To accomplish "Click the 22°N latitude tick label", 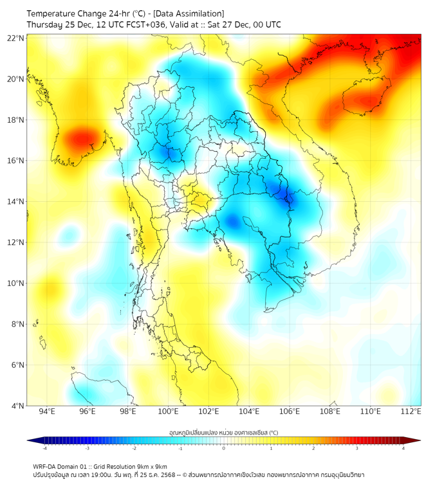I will (x=16, y=38).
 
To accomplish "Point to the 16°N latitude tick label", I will (x=16, y=161).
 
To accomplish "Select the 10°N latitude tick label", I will (x=16, y=283).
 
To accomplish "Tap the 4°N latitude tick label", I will (x=18, y=406).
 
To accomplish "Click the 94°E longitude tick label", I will (x=47, y=412).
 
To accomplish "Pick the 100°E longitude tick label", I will (x=169, y=412).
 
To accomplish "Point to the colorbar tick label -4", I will (x=44, y=448).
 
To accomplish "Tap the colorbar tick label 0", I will (x=224, y=448).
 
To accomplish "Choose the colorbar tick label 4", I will (x=403, y=448).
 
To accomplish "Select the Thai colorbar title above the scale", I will (x=223, y=433).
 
